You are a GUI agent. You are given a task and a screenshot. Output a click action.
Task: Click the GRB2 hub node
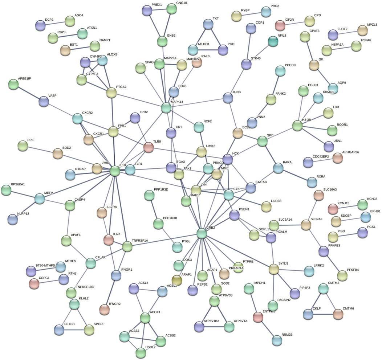coord(202,233)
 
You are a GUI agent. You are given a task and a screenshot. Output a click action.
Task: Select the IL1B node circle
coord(115,170)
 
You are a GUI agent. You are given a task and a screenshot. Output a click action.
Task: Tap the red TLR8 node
coord(148,147)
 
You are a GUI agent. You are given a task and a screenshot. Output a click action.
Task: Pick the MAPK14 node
coord(166,108)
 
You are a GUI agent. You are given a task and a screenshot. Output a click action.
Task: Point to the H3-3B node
coord(297,126)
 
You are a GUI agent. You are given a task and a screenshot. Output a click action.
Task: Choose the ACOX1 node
coord(145,318)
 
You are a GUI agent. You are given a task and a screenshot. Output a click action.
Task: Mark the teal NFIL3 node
coord(273,42)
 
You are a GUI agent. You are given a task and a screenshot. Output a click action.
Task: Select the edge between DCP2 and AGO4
coord(55,23)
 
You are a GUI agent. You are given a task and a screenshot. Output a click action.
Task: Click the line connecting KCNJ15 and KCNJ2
coord(348,207)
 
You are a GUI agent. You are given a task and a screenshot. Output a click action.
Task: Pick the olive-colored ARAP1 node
coord(177,280)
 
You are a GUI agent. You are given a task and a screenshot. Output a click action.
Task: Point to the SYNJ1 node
coord(273,269)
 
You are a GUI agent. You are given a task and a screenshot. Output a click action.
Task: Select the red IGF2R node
coord(280,25)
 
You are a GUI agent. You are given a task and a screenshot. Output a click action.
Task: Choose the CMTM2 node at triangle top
coord(324,289)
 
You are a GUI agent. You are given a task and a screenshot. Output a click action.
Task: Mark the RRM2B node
coord(277,340)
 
